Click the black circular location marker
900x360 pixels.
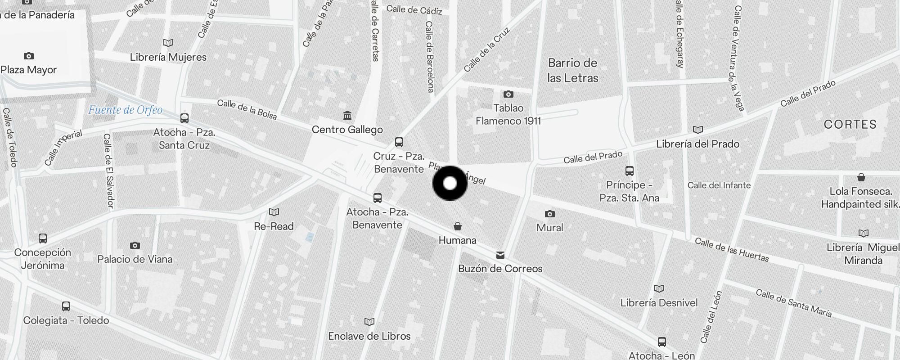coord(450,183)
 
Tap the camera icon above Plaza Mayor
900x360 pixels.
coord(28,56)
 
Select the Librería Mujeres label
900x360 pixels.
coord(168,57)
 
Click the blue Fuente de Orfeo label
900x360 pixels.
coord(125,110)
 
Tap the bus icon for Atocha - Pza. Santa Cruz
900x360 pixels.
coord(184,118)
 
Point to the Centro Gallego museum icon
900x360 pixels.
coord(347,116)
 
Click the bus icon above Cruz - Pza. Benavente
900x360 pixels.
coord(399,142)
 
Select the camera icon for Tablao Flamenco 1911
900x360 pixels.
coord(508,94)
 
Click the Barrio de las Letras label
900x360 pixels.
coord(572,70)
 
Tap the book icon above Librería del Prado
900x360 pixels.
coord(697,130)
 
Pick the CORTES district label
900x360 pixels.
coord(850,124)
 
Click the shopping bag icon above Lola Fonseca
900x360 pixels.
coord(861,177)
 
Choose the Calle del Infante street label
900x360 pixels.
coord(719,185)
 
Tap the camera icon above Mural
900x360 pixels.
coord(549,214)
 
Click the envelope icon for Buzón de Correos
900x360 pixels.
coord(500,255)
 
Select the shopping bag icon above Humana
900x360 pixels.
coord(457,226)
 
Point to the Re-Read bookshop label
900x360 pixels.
coord(274,226)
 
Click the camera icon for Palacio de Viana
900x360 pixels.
coord(135,245)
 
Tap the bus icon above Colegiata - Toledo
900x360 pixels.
coord(66,306)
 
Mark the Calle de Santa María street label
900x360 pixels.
coord(793,303)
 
